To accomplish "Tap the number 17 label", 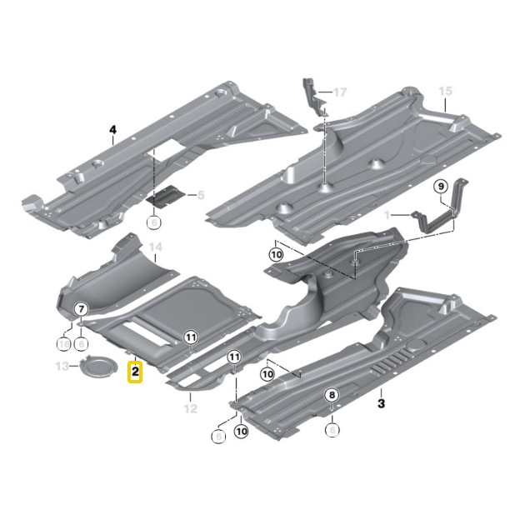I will (339, 91).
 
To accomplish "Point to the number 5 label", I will (199, 195).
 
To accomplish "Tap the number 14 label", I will (153, 247).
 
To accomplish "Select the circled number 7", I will (82, 310).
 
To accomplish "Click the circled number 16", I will (63, 342).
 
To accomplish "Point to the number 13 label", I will (61, 367).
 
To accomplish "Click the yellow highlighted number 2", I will (134, 371).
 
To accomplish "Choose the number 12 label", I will (190, 408).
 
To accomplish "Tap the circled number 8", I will (332, 395).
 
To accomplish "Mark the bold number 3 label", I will (382, 404).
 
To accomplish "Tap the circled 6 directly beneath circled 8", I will (332, 430).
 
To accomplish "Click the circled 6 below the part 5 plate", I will (153, 222).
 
